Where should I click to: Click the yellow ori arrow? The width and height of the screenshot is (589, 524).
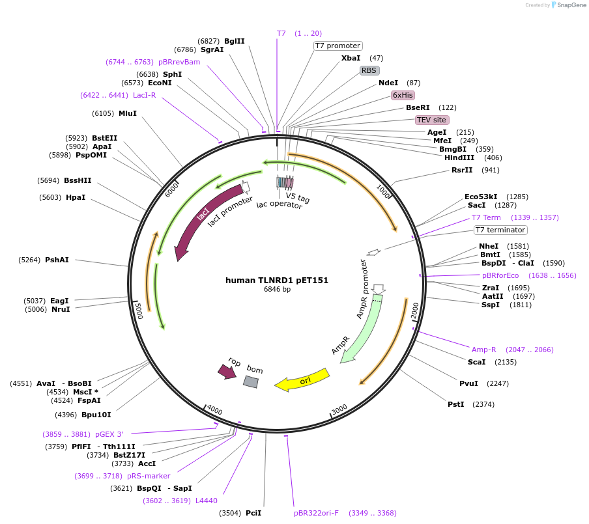tap(302, 381)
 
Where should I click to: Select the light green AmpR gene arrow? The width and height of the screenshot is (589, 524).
tap(362, 329)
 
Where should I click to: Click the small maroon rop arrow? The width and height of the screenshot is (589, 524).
tap(227, 371)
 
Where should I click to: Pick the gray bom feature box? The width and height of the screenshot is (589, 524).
tap(251, 382)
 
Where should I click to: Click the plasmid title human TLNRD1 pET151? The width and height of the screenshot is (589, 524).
tap(277, 281)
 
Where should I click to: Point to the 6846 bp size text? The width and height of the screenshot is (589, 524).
tap(277, 290)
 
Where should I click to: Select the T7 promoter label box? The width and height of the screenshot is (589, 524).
tap(338, 46)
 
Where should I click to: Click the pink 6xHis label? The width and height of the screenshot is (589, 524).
tap(403, 95)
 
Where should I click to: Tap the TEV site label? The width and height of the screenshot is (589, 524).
tap(431, 120)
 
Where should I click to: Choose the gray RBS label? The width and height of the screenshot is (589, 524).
tap(369, 70)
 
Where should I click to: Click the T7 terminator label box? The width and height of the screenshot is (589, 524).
tap(500, 230)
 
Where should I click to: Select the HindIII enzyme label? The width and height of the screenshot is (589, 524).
tap(459, 158)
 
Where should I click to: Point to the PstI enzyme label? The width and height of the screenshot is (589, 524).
tap(455, 404)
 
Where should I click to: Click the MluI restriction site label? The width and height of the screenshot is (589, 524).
tap(128, 113)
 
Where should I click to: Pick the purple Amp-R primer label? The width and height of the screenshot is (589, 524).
tap(483, 350)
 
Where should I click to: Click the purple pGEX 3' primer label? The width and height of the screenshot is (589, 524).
tap(109, 434)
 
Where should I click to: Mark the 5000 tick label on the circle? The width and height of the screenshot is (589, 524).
tap(137, 310)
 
